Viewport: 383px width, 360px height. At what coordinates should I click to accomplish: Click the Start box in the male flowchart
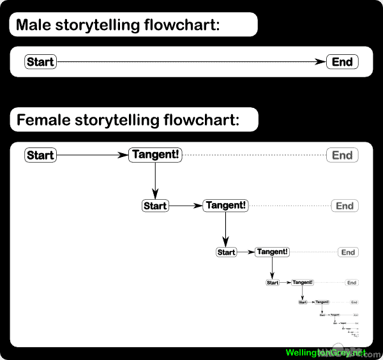coord(40,62)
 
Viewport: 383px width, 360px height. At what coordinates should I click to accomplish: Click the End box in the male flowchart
coord(342,62)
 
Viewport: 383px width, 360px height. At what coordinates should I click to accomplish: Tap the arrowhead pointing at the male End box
coord(321,62)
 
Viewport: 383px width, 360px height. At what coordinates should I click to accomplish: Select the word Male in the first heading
coord(34,26)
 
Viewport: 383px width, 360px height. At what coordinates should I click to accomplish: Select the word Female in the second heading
coord(43,119)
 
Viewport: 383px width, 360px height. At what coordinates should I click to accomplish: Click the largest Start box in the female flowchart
coord(40,155)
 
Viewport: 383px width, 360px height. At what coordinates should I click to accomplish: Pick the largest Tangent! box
coord(155,155)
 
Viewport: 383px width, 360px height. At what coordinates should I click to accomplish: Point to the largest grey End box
coord(342,155)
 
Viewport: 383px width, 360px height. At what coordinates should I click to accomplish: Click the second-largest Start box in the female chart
coord(155,206)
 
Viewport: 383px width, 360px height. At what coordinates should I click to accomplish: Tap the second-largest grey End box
coord(345,206)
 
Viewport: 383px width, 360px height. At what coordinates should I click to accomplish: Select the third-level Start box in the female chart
coord(227,252)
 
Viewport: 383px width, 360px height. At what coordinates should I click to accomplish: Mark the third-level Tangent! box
coord(273,252)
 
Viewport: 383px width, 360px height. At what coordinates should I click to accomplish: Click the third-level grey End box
coord(348,252)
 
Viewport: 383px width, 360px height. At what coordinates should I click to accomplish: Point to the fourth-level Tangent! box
coord(303,282)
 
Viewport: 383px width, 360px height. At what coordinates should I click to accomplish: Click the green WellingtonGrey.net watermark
coord(326,352)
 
